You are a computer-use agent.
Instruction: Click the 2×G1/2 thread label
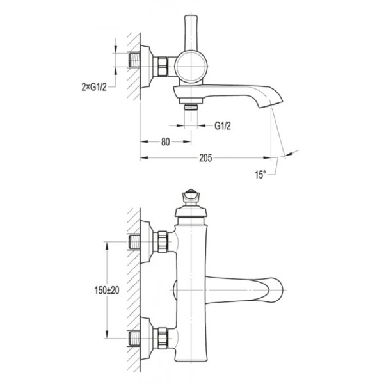94,86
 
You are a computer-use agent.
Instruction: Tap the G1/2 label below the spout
223,126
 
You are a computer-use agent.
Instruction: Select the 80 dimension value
166,142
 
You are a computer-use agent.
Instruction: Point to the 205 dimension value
205,158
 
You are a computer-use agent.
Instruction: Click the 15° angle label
260,175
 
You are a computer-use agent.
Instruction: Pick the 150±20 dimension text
107,291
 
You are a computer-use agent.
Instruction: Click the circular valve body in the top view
191,67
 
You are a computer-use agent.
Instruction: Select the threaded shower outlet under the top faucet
191,107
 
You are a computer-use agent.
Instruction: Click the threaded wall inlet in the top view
134,60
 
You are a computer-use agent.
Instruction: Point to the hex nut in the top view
163,66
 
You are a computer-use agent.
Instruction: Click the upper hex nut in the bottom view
163,241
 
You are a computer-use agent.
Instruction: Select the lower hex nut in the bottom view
163,338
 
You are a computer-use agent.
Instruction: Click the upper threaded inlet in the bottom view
134,242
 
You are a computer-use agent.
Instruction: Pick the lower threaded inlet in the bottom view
134,338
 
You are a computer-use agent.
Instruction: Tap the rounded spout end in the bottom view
275,290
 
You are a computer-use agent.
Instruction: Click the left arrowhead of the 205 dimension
144,158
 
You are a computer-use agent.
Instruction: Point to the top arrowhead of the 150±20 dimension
107,245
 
